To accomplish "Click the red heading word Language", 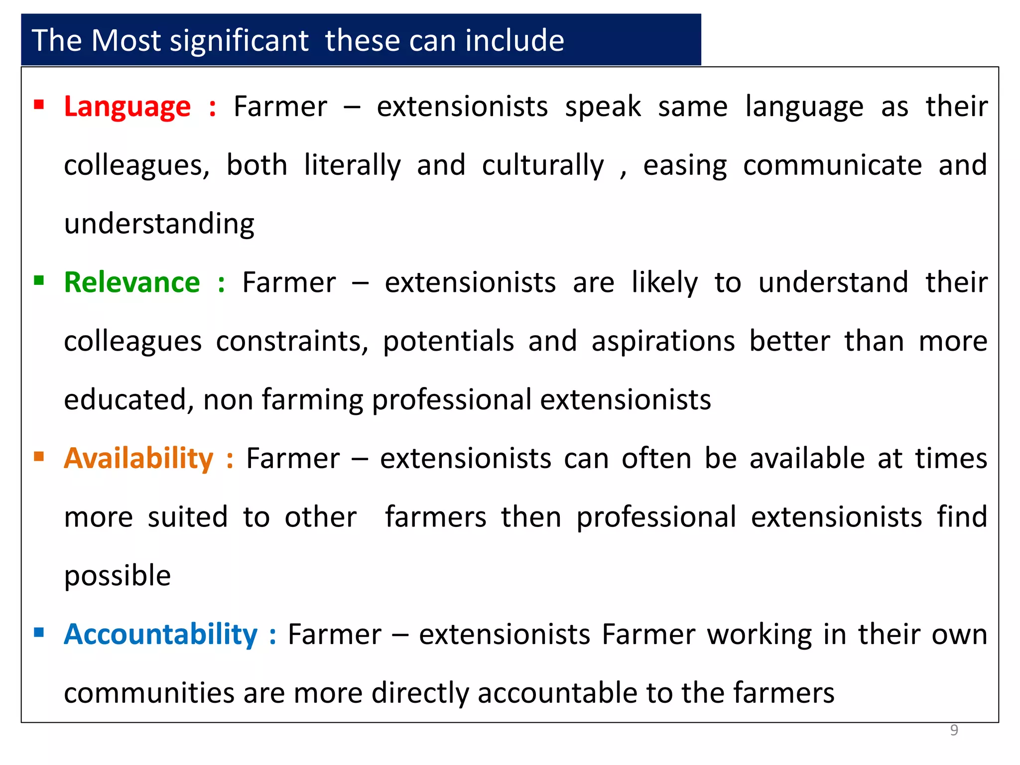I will click(x=127, y=107).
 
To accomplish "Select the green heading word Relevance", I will click(x=132, y=282).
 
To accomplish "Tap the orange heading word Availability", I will click(x=138, y=458).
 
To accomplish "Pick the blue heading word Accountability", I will click(x=160, y=635).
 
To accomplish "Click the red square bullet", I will click(x=39, y=105).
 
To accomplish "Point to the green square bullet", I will click(x=39, y=280).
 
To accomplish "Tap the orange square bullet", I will click(x=39, y=456).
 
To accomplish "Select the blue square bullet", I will click(x=39, y=633).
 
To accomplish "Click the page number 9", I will click(x=954, y=730).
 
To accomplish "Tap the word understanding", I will click(x=159, y=224).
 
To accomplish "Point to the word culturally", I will click(x=543, y=165).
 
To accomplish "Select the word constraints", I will click(x=292, y=342).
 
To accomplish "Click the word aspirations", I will click(x=663, y=342).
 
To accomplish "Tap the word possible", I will click(x=118, y=576).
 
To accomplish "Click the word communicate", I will click(x=832, y=165).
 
